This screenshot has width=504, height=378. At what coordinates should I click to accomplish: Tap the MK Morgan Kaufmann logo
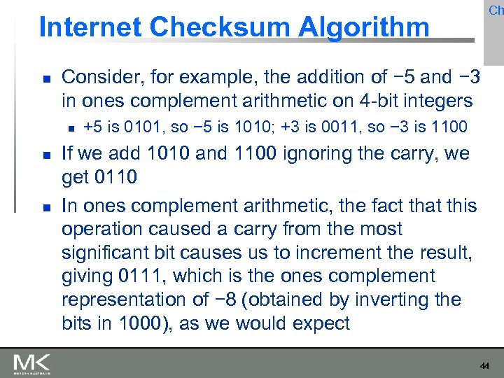[x=31, y=363]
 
